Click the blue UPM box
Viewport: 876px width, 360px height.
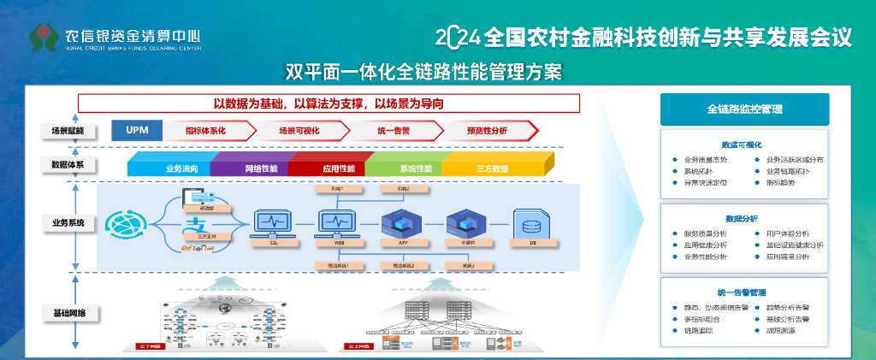click(x=138, y=130)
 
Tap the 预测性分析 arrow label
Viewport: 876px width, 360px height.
click(x=487, y=131)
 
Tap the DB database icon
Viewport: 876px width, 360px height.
click(x=531, y=224)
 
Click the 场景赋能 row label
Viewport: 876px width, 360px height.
click(x=69, y=131)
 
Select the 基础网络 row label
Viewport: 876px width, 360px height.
click(x=69, y=311)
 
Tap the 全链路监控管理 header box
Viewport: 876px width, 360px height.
click(x=744, y=109)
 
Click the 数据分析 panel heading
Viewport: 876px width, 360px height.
click(x=744, y=219)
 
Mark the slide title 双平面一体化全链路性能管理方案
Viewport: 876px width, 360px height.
click(x=423, y=70)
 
